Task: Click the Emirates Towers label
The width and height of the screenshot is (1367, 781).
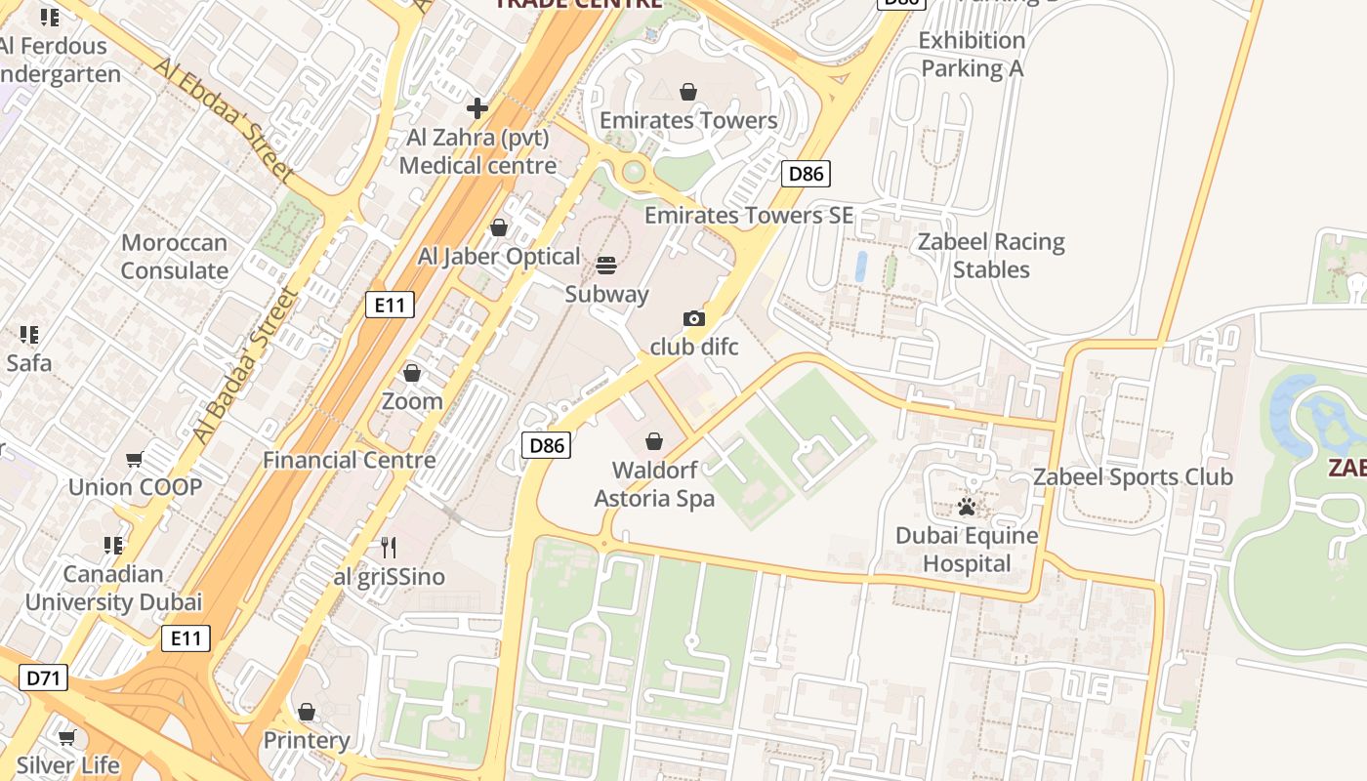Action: [688, 120]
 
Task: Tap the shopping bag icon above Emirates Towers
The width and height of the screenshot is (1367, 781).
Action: [688, 92]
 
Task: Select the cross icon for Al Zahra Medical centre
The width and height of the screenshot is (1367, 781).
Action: [476, 108]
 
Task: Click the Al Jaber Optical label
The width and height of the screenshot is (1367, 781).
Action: [499, 257]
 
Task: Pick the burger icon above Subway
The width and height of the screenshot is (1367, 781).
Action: [606, 266]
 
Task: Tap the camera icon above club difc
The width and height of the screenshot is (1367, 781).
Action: [693, 318]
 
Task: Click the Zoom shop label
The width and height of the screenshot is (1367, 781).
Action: [412, 401]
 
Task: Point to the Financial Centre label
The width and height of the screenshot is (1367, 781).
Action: [350, 460]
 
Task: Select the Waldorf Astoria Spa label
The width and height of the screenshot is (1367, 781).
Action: [654, 484]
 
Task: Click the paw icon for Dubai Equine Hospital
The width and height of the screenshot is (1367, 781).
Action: [967, 507]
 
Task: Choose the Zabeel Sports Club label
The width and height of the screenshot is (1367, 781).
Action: [1133, 477]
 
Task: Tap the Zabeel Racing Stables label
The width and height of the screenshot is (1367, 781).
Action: [991, 256]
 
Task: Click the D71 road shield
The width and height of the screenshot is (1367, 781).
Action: [43, 678]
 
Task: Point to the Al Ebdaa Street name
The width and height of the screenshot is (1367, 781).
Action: [224, 120]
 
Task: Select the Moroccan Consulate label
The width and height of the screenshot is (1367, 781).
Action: [174, 257]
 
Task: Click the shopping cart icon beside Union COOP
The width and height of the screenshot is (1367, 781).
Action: [135, 459]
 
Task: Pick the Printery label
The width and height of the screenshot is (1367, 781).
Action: [307, 740]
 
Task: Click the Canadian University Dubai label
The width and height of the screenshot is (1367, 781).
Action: [113, 588]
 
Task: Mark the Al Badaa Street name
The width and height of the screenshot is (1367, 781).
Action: [244, 366]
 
